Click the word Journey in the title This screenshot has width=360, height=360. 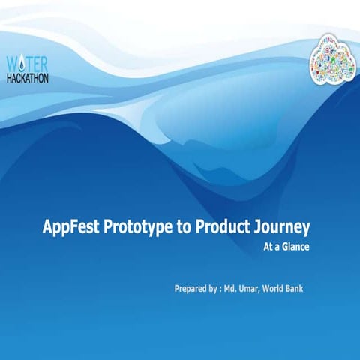(282, 228)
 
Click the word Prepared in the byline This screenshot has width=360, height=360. (191, 288)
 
